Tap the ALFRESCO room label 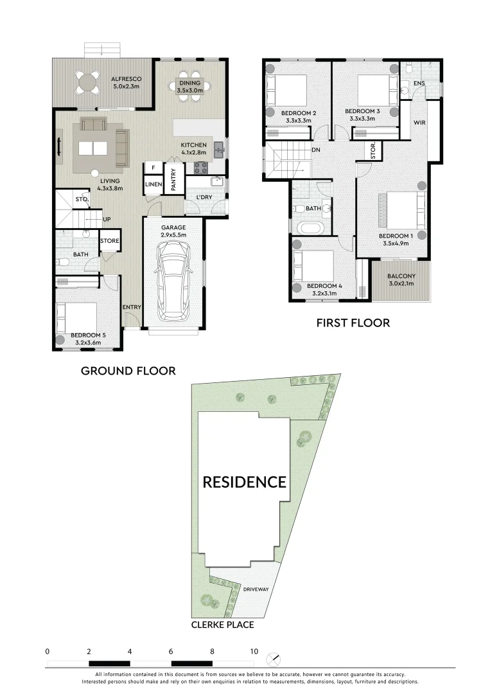pyautogui.click(x=127, y=79)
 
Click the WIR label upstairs pyautogui.click(x=420, y=123)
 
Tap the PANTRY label pyautogui.click(x=173, y=179)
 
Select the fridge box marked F pyautogui.click(x=153, y=168)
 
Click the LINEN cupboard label pyautogui.click(x=153, y=185)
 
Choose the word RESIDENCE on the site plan pyautogui.click(x=245, y=482)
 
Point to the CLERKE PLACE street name pyautogui.click(x=222, y=625)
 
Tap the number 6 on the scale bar pyautogui.click(x=171, y=651)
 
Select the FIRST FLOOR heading pyautogui.click(x=353, y=323)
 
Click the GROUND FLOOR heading pyautogui.click(x=128, y=371)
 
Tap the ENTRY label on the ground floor pyautogui.click(x=132, y=307)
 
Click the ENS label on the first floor pyautogui.click(x=419, y=84)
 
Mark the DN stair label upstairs pyautogui.click(x=316, y=150)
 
